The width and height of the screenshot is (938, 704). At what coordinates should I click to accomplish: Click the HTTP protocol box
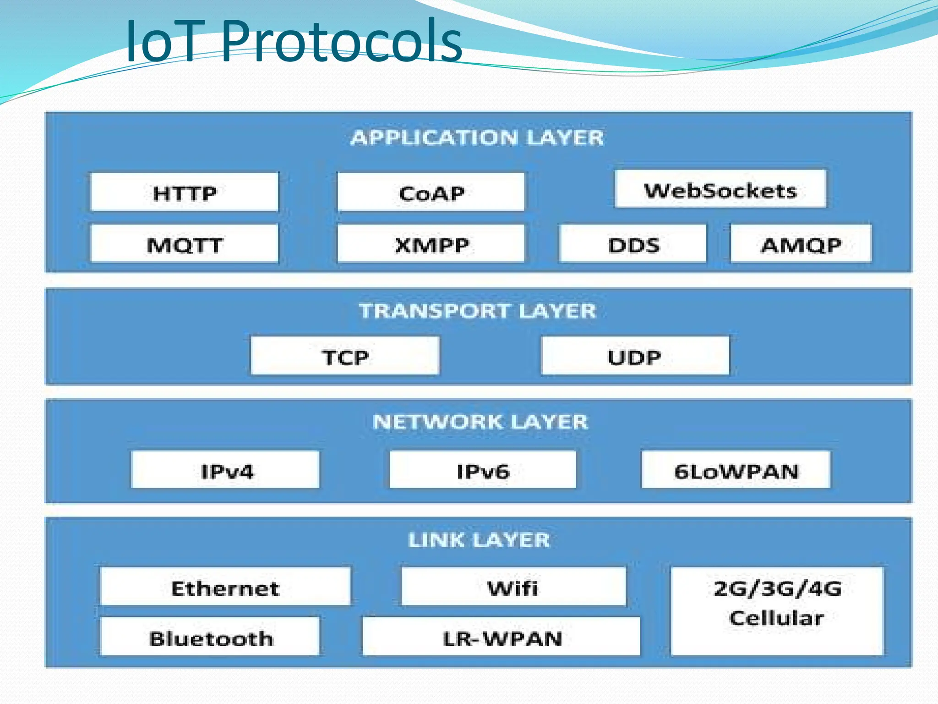pos(185,192)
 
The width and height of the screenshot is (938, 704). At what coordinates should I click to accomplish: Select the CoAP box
pos(431,192)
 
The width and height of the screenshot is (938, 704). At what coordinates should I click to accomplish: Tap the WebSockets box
pos(720,189)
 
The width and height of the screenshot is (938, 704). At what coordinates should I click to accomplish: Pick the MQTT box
pos(185,244)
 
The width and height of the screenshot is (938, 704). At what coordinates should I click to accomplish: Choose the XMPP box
pos(431,244)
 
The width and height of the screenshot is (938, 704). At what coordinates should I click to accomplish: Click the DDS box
pos(633,244)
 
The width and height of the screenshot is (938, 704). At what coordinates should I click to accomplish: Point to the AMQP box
pos(801,244)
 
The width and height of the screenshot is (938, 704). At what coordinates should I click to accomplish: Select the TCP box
pos(345,356)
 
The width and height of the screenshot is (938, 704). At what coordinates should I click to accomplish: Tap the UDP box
pos(635,356)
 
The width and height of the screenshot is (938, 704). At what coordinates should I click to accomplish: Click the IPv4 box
pos(226,470)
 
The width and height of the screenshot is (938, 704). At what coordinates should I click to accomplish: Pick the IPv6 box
pos(483,470)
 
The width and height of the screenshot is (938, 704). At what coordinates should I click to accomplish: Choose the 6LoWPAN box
pos(736,470)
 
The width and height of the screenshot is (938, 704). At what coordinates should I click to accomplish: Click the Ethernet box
pos(225,587)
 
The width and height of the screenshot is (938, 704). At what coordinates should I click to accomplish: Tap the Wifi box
pos(513,587)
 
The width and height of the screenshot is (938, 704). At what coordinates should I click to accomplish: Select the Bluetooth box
pos(210,637)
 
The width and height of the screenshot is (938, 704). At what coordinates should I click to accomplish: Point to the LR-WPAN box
pos(502,637)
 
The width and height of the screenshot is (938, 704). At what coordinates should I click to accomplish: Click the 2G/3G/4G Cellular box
pos(777,611)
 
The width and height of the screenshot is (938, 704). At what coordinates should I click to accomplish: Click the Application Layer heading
pos(477,137)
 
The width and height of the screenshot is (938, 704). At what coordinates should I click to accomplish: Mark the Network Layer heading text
pos(480,421)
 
